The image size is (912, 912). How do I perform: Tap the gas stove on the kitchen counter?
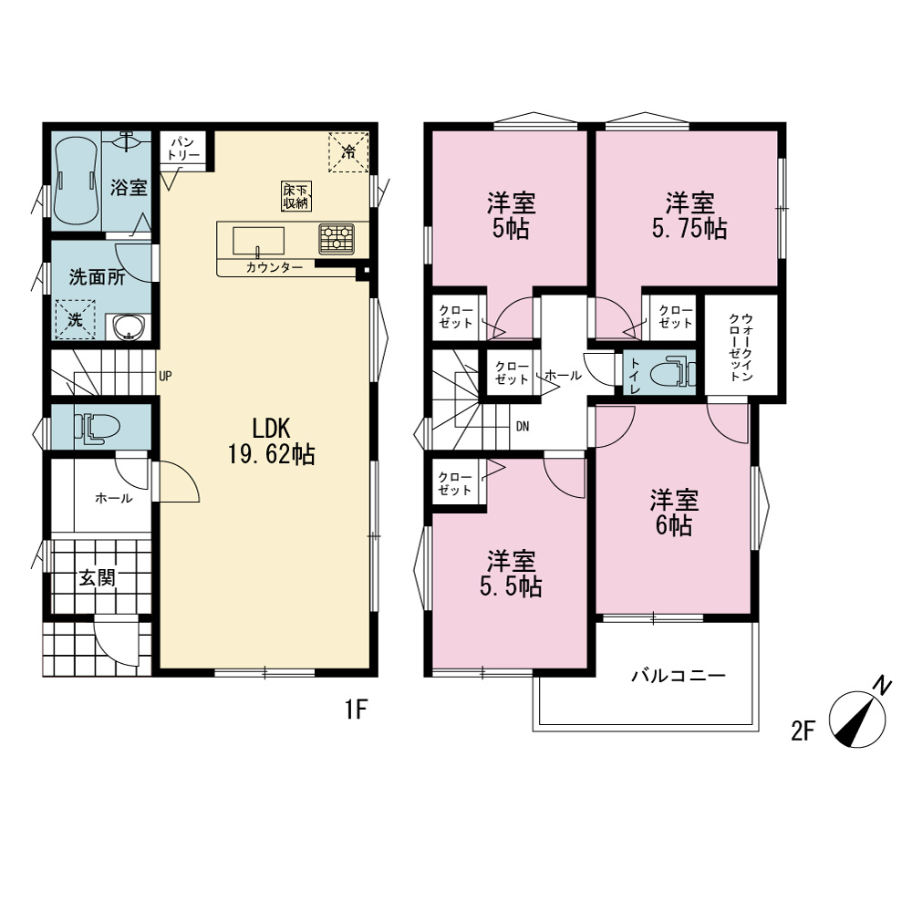point(337,239)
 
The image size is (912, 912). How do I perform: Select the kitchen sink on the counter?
point(258,241)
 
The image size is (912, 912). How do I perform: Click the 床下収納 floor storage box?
point(296,196)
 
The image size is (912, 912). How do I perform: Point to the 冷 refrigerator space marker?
point(348,152)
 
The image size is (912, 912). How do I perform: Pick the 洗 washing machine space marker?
point(75,319)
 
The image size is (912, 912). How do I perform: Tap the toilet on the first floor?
point(97,428)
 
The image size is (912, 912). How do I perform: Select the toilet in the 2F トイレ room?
point(672,372)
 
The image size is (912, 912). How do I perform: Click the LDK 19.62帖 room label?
point(271,441)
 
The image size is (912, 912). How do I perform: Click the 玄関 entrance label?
point(98,578)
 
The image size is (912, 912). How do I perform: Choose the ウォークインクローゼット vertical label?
point(741,347)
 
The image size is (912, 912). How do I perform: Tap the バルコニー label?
point(679,676)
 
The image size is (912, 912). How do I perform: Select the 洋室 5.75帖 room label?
point(689,216)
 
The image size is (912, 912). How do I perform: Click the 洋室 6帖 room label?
point(674,513)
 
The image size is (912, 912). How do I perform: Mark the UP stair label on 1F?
point(165,377)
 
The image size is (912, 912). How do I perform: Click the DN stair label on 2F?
point(523,427)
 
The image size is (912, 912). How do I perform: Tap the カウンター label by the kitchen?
point(275,267)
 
